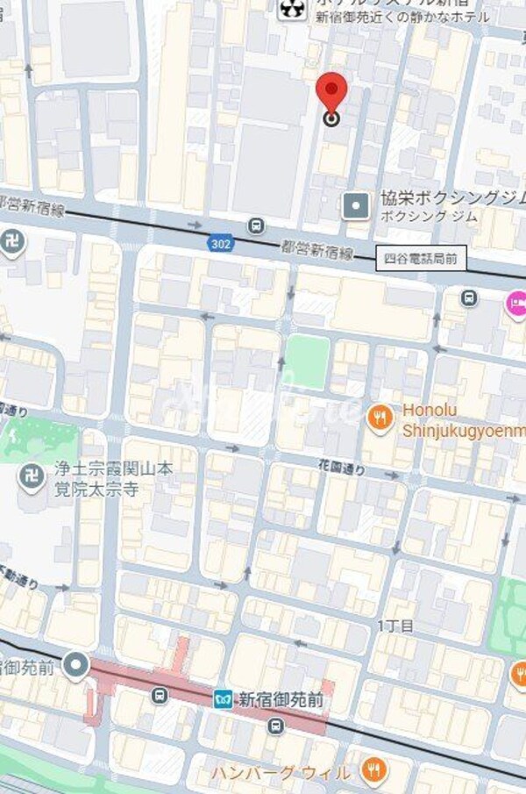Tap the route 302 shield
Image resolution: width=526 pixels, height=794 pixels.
[x=221, y=243]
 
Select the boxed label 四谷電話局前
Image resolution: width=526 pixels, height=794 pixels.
[x=421, y=259]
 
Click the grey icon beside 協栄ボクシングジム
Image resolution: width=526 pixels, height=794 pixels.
[x=356, y=206]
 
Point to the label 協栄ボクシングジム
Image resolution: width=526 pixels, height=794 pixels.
[x=451, y=199]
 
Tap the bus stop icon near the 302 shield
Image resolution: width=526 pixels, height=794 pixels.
[x=255, y=226]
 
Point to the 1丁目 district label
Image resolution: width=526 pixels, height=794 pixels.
[x=395, y=626]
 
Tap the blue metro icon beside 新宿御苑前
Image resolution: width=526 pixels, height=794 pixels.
[x=223, y=698]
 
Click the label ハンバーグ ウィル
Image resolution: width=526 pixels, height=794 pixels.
[x=281, y=773]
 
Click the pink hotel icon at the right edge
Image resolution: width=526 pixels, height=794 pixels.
[x=515, y=304]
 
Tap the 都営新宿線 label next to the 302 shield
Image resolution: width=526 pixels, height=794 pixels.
[x=317, y=252]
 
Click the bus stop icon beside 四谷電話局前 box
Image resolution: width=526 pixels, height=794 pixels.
[x=469, y=298]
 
